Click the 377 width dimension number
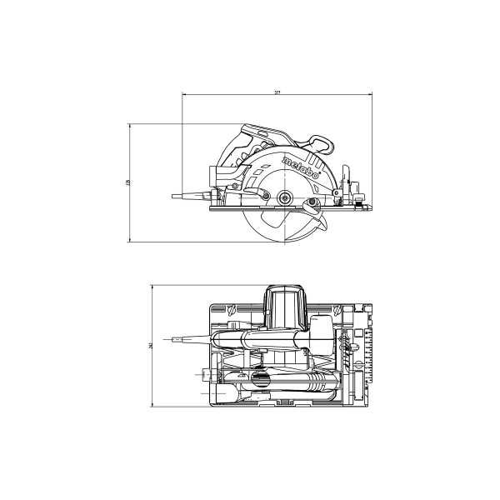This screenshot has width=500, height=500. [x=277, y=91]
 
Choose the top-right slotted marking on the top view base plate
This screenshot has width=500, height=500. [x=336, y=312]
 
